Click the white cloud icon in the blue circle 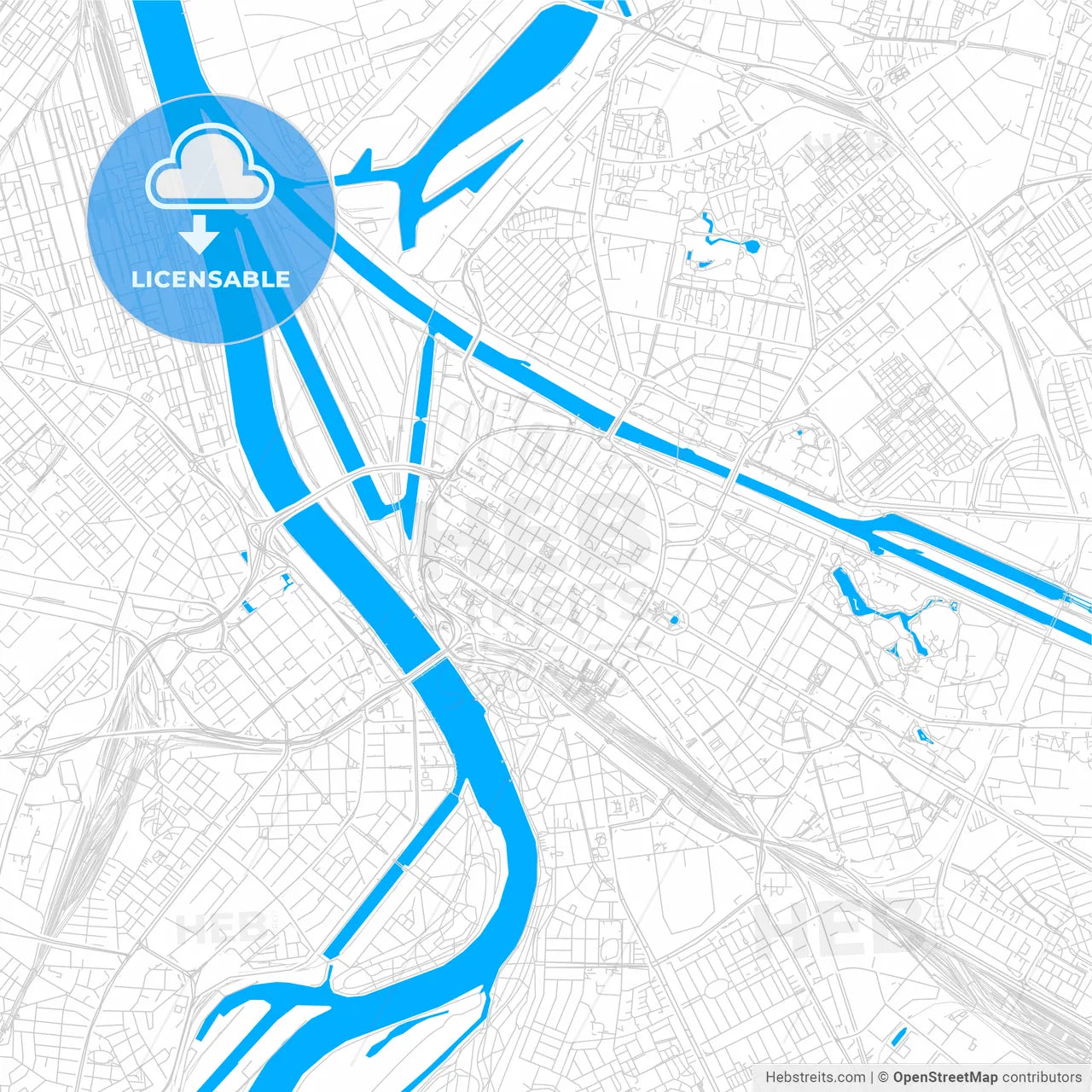point(210,170)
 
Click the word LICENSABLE point(211,279)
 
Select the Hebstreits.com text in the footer point(815,1077)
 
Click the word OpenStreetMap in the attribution point(944,1077)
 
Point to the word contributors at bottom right point(1041,1077)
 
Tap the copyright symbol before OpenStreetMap point(883,1077)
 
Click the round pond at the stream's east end point(751,247)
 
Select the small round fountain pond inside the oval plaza point(674,619)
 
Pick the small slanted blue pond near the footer point(897,1037)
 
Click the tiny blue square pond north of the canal point(799,433)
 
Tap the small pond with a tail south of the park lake point(921,735)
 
